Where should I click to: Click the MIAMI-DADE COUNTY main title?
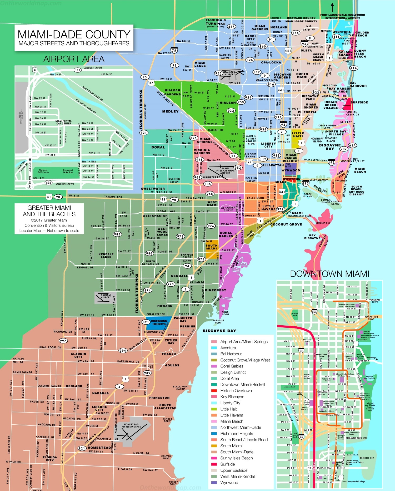(x=74, y=35)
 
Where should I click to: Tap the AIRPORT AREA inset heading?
(x=74, y=59)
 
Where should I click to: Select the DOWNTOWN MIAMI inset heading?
(x=329, y=274)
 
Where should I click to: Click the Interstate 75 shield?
(x=174, y=50)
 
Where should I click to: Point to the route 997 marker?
(x=63, y=341)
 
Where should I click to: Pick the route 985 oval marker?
(x=117, y=234)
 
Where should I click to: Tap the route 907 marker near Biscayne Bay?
(x=343, y=149)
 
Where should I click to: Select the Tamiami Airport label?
(x=106, y=296)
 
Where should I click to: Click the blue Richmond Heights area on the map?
(x=159, y=323)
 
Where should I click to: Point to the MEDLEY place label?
(x=170, y=111)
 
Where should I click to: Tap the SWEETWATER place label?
(x=153, y=189)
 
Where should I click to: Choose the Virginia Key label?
(x=323, y=223)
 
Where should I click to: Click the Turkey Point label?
(x=173, y=483)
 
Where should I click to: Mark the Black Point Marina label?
(x=181, y=388)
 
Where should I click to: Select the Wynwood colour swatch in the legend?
(x=214, y=483)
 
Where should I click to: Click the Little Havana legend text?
(x=232, y=415)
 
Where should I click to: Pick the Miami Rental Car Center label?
(x=63, y=122)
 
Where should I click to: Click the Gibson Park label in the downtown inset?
(x=295, y=315)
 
